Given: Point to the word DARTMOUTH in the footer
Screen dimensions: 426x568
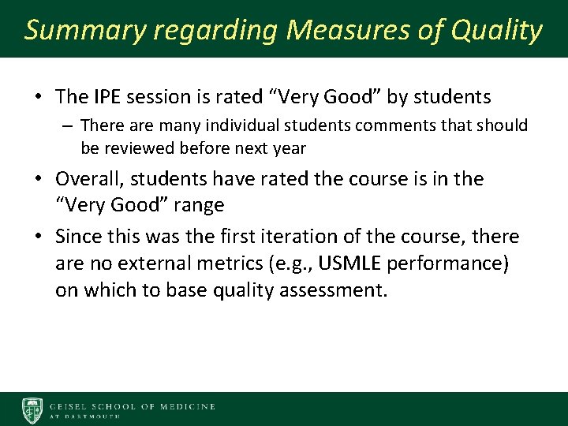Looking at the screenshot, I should coord(93,417).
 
